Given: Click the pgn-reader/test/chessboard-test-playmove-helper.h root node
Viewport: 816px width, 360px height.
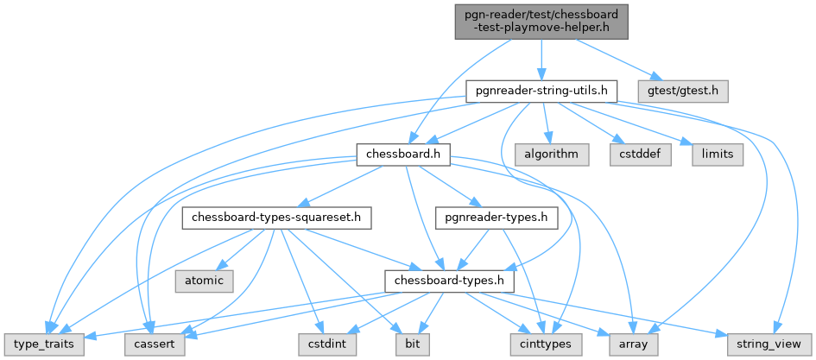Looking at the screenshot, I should point(541,20).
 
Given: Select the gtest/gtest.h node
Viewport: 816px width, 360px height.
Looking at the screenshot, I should point(683,89).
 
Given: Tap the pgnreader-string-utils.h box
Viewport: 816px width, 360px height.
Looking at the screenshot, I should point(541,89).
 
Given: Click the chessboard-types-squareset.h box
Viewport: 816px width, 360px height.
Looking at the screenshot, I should point(276,218).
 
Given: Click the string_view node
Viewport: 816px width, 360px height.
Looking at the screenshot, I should point(769,344).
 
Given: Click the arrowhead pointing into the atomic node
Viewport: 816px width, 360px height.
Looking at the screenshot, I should point(221,270).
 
